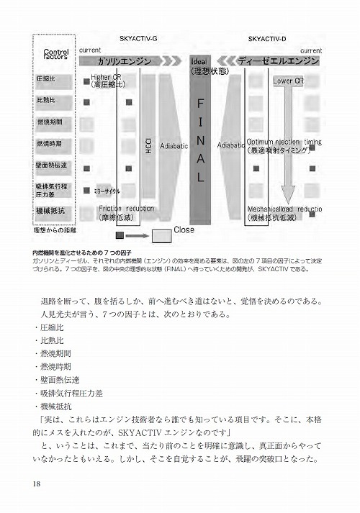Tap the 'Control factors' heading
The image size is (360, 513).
pos(55,55)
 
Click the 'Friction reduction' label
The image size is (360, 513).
pos(126,209)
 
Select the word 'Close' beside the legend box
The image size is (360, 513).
pos(184,230)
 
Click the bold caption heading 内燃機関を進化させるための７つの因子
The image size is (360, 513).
pos(79,253)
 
